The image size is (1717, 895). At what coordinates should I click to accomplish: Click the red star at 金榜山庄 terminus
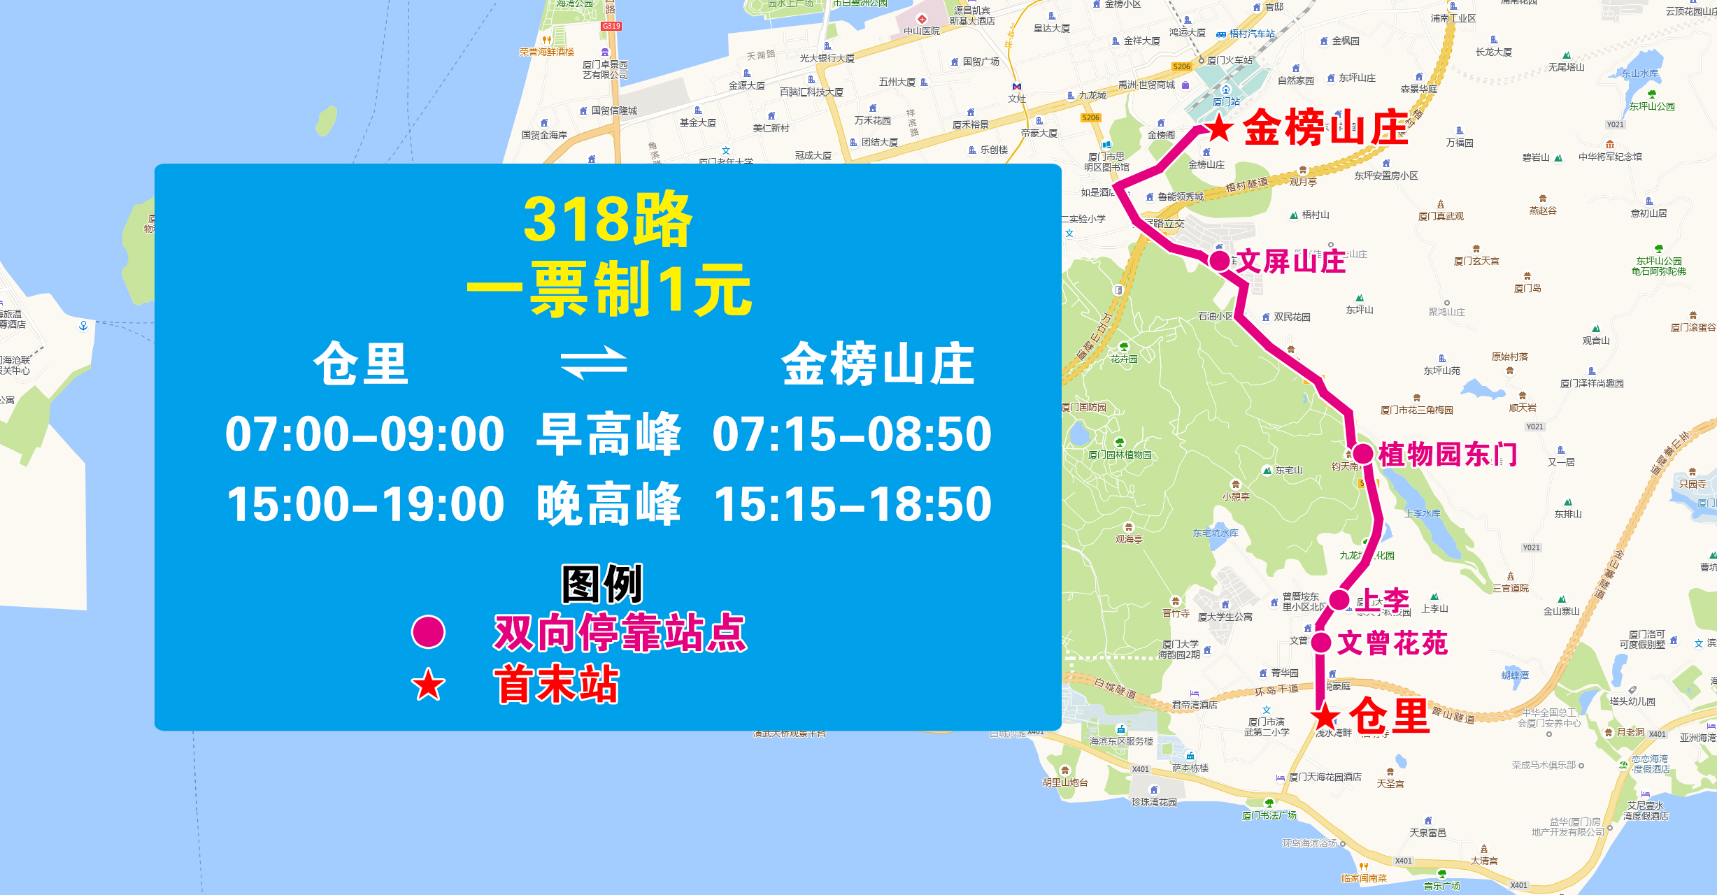coord(1219,128)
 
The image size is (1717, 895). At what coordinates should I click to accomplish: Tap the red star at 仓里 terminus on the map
coord(1325,717)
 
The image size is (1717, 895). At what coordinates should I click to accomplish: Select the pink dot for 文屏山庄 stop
coord(1220,261)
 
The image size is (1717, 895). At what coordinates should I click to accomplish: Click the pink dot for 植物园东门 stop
coord(1363,454)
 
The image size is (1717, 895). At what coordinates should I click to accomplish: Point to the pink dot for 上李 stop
coord(1339,599)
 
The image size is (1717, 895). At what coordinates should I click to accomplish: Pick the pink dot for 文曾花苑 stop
coord(1321,642)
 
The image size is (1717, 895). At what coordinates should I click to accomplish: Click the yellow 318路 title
coord(607,220)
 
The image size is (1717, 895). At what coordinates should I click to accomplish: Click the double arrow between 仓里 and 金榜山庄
coord(594,363)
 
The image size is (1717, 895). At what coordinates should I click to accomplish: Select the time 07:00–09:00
coord(364,434)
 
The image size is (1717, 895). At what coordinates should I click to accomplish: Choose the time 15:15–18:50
coord(853,504)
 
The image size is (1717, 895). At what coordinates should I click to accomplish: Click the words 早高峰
coord(608,434)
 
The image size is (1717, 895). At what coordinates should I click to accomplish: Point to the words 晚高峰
coord(608,504)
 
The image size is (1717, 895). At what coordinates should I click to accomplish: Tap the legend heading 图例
coord(602,584)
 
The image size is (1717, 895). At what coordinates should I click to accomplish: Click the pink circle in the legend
coord(428,631)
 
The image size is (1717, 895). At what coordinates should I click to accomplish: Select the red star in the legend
coord(428,685)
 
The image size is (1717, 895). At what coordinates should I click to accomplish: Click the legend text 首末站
coord(556,685)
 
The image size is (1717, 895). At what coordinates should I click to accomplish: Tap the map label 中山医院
coord(921,31)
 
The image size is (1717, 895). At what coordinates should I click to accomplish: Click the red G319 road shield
coord(611,26)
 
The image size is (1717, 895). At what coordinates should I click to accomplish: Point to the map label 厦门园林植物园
coord(1120,454)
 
